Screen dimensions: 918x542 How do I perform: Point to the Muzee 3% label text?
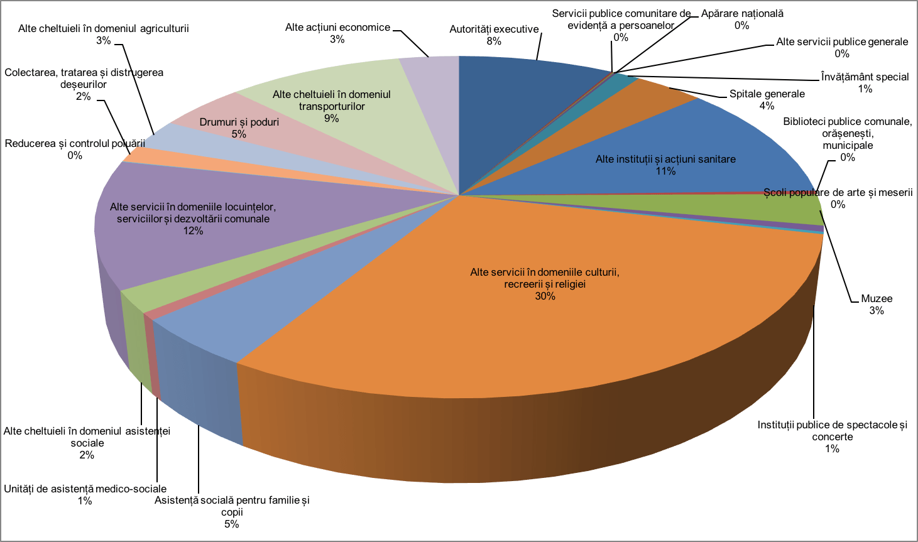(877, 305)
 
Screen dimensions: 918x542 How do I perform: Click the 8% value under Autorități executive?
(494, 41)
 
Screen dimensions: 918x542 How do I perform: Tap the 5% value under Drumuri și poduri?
(239, 134)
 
